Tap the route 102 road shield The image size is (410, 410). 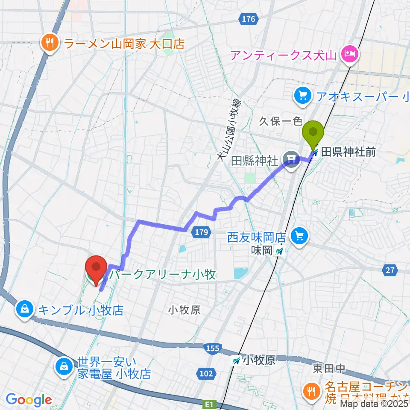[206, 374]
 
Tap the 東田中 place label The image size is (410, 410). [328, 368]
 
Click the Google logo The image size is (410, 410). [29, 400]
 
